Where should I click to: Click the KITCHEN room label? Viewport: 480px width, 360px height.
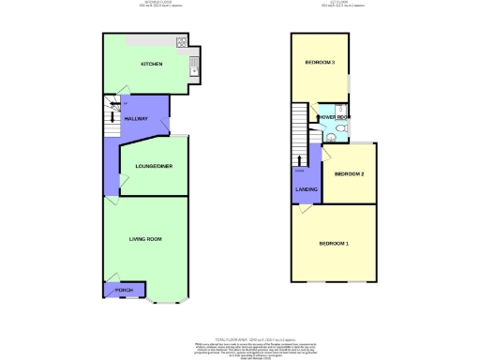pyautogui.click(x=152, y=64)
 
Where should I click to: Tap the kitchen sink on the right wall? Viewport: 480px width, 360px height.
pyautogui.click(x=193, y=65)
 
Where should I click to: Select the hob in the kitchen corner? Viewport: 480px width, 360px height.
pyautogui.click(x=179, y=43)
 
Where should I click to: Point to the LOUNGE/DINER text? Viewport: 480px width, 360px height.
pyautogui.click(x=153, y=166)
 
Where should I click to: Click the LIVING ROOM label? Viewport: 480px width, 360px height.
pyautogui.click(x=146, y=239)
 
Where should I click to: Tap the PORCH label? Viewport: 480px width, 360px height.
pyautogui.click(x=125, y=291)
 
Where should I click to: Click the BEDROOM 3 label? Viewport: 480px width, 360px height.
pyautogui.click(x=320, y=63)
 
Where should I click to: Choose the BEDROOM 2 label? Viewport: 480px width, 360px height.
pyautogui.click(x=349, y=174)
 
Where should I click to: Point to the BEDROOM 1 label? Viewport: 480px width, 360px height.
pyautogui.click(x=334, y=244)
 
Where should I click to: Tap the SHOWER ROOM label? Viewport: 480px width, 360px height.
pyautogui.click(x=333, y=117)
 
